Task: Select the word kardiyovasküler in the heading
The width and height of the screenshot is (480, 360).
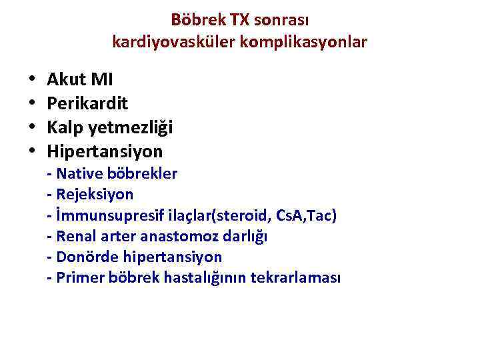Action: coord(175,42)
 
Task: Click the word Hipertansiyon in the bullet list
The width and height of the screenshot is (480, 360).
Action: coord(105,151)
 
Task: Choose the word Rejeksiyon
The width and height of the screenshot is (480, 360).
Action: coord(95,195)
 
